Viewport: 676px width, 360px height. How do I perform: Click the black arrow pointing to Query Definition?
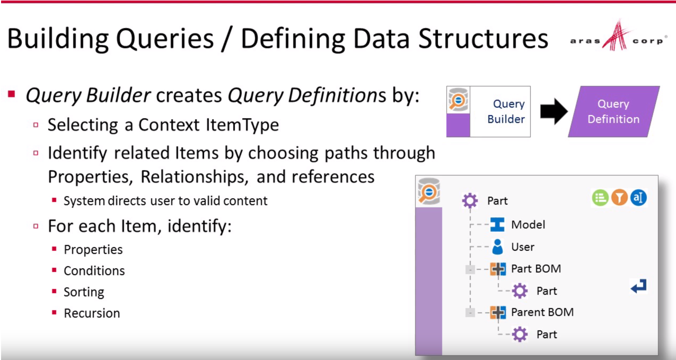(x=554, y=112)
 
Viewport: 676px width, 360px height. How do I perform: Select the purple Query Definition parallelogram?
(x=613, y=112)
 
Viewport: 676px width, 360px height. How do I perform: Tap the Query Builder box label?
(x=506, y=112)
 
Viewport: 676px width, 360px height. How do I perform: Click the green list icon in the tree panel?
(x=600, y=198)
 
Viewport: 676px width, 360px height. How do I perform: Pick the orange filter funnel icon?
(x=619, y=198)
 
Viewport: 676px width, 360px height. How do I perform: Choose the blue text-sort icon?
(x=638, y=198)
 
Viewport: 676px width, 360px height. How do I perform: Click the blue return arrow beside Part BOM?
(x=638, y=287)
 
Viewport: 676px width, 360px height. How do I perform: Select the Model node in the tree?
(x=528, y=225)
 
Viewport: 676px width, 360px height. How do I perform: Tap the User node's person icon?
(x=497, y=247)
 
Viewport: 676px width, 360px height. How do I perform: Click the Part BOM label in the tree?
(x=535, y=269)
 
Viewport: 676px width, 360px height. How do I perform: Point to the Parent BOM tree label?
(x=542, y=312)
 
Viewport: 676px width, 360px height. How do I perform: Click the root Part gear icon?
(x=470, y=201)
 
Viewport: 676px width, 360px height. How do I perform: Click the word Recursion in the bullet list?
(x=92, y=313)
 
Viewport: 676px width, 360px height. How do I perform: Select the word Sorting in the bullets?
(x=84, y=292)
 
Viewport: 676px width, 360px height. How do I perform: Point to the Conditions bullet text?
(x=94, y=271)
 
